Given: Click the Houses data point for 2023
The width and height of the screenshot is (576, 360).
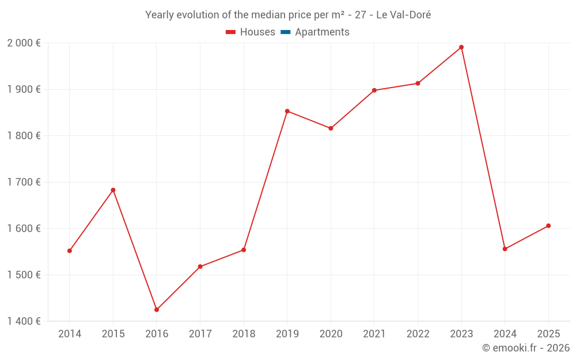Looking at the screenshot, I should (x=461, y=47).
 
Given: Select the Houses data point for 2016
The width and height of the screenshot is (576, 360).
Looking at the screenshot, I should (x=157, y=310).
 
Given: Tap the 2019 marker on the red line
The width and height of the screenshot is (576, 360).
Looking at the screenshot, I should (x=287, y=111).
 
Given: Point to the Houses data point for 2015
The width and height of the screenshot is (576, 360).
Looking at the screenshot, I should (x=113, y=190).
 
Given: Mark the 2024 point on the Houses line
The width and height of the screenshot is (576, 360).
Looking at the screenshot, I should (x=505, y=249).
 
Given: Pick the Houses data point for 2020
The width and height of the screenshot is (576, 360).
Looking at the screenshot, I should (x=331, y=128).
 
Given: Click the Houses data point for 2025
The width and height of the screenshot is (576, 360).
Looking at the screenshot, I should (x=548, y=226).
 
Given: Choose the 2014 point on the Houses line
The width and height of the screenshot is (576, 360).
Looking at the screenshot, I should (x=70, y=251).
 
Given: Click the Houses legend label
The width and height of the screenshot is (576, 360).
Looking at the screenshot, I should (x=257, y=32).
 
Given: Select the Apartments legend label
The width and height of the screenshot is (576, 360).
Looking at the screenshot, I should (x=322, y=32).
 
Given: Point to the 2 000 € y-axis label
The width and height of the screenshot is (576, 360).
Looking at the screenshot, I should (x=24, y=43).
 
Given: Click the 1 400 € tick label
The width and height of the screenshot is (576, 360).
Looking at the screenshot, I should (x=24, y=321).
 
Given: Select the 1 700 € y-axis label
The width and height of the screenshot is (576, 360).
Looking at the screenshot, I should (x=24, y=182).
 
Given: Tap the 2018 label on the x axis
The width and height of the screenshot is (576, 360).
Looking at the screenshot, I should (x=244, y=334).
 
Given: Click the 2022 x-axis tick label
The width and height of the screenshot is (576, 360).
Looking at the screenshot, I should (x=418, y=334).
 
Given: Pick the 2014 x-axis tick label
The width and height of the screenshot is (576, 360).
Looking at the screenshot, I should (x=70, y=334).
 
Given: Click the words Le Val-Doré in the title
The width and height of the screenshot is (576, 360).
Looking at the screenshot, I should (x=403, y=15).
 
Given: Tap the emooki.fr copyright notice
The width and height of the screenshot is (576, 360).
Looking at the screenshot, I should (x=526, y=348).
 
